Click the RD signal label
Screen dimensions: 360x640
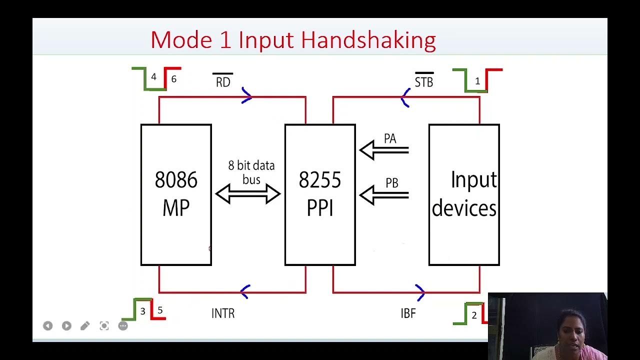(x=223, y=81)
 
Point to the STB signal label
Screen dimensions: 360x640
(x=424, y=81)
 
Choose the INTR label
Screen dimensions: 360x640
(x=223, y=313)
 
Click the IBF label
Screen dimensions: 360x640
(x=408, y=313)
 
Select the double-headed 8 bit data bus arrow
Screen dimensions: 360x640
(x=248, y=194)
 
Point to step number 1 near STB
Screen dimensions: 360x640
(x=477, y=81)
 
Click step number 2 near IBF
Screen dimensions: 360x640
(x=474, y=315)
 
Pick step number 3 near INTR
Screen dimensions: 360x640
(x=142, y=311)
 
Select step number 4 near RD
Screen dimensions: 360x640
(x=153, y=77)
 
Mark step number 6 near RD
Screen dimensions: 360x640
(x=174, y=79)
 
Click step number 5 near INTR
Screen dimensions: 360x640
(x=160, y=310)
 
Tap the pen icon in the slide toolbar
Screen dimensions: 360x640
(x=85, y=326)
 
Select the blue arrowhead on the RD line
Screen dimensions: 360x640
(x=246, y=96)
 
